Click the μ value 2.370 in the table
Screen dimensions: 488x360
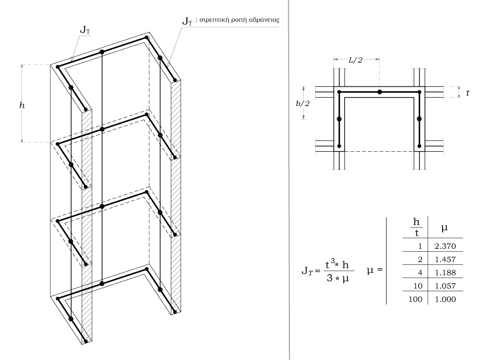click(x=445, y=246)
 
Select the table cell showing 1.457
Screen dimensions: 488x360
click(x=445, y=260)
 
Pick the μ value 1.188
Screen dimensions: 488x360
click(x=445, y=273)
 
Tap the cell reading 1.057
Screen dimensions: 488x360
click(x=445, y=286)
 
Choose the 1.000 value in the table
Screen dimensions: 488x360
click(x=445, y=300)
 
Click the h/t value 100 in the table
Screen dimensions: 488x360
click(x=415, y=300)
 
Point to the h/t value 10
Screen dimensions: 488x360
click(x=418, y=286)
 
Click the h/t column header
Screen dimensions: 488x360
click(x=416, y=227)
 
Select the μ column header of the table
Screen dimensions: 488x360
click(x=445, y=228)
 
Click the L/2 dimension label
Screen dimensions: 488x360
click(x=355, y=60)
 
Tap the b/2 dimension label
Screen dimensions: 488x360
click(x=303, y=103)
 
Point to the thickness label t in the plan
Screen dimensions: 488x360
click(x=468, y=93)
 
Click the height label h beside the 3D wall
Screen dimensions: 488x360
click(x=22, y=105)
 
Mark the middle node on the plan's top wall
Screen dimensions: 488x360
click(x=379, y=92)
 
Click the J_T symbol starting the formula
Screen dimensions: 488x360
click(x=307, y=271)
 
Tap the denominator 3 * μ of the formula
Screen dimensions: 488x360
click(x=338, y=279)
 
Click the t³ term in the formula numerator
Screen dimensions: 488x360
click(x=330, y=264)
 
